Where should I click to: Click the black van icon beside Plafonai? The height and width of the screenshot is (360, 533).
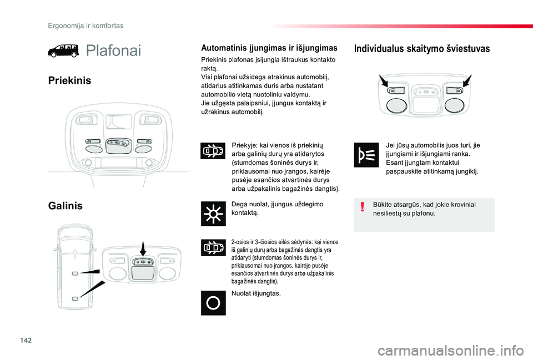pyautogui.click(x=63, y=51)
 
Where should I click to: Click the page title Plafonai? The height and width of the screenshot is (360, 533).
pyautogui.click(x=113, y=51)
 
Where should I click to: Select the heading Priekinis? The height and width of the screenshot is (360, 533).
pyautogui.click(x=70, y=80)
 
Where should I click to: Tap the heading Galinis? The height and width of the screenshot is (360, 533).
pyautogui.click(x=66, y=206)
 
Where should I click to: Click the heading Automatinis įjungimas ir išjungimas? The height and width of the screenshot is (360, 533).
pyautogui.click(x=269, y=48)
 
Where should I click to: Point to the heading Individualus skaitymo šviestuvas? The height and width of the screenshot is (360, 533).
pyautogui.click(x=422, y=49)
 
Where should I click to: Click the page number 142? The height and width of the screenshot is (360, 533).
pyautogui.click(x=26, y=340)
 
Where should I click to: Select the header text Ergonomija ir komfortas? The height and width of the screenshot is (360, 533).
pyautogui.click(x=86, y=26)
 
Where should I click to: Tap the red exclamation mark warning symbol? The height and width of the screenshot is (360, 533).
pyautogui.click(x=363, y=206)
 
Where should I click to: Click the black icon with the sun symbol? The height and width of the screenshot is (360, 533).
pyautogui.click(x=213, y=214)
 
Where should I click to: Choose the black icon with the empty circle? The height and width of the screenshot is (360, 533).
pyautogui.click(x=213, y=303)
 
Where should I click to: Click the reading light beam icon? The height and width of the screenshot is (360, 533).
pyautogui.click(x=366, y=155)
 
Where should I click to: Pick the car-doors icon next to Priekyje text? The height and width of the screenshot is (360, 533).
pyautogui.click(x=213, y=151)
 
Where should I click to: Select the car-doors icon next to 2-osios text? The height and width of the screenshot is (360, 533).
pyautogui.click(x=213, y=247)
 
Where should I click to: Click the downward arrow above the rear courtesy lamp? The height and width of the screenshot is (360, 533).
pyautogui.click(x=143, y=249)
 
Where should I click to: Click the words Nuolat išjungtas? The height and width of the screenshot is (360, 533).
pyautogui.click(x=256, y=293)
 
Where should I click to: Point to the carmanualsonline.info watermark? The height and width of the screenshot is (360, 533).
pyautogui.click(x=450, y=351)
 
